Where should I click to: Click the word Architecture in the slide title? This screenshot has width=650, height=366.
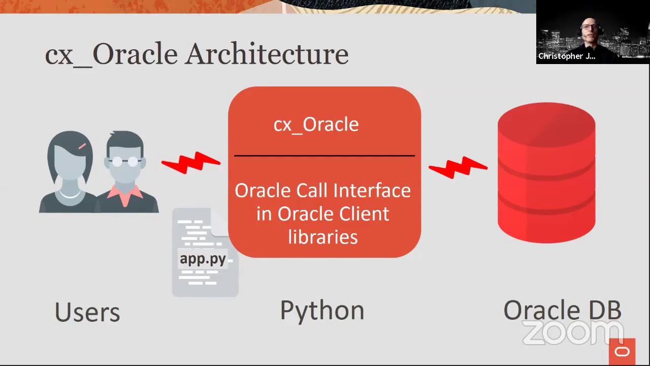pyautogui.click(x=267, y=54)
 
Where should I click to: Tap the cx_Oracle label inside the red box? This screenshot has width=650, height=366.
pyautogui.click(x=316, y=125)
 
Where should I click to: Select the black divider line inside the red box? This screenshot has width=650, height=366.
pyautogui.click(x=324, y=156)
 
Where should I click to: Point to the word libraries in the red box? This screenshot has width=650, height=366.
pyautogui.click(x=323, y=237)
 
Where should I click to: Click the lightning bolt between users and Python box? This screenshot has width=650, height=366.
pyautogui.click(x=191, y=163)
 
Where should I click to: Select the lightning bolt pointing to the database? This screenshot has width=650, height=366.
pyautogui.click(x=458, y=168)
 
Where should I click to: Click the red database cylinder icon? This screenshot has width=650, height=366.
pyautogui.click(x=546, y=173)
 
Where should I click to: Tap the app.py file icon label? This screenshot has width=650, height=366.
pyautogui.click(x=203, y=258)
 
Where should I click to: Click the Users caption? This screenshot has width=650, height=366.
pyautogui.click(x=87, y=312)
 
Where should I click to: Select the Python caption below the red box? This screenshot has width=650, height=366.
pyautogui.click(x=322, y=311)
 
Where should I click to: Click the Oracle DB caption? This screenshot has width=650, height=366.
pyautogui.click(x=562, y=310)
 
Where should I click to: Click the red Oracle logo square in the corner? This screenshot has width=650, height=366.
pyautogui.click(x=622, y=352)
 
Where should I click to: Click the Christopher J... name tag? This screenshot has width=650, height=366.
pyautogui.click(x=566, y=56)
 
